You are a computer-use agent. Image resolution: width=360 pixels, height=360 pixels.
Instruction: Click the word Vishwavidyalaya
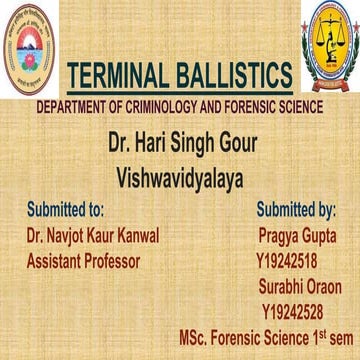[180, 173]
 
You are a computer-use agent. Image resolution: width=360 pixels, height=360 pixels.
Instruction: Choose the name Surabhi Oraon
[299, 286]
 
